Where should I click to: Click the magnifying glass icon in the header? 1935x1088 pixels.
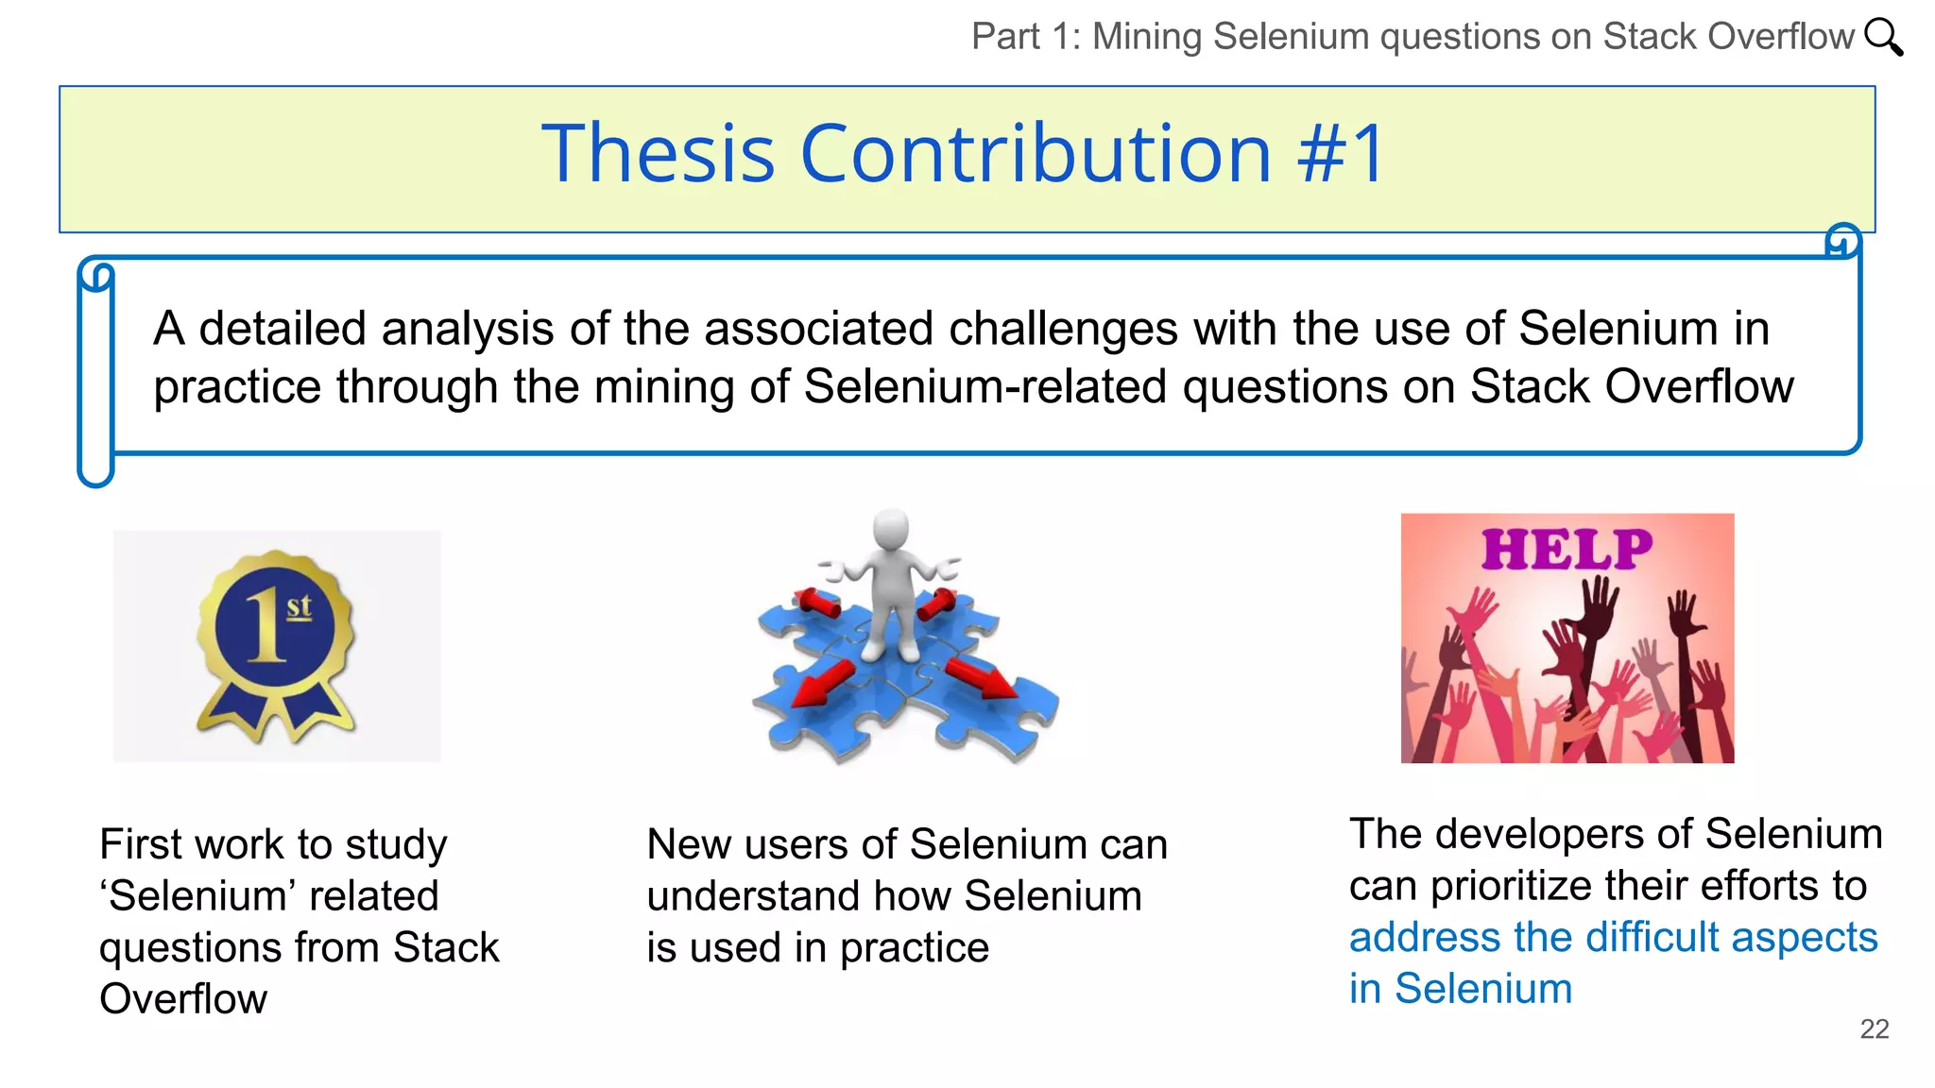point(1883,37)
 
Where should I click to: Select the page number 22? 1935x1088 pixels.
point(1874,1028)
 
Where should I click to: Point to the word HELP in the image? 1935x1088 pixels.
point(1567,550)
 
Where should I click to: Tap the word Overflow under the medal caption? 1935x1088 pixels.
point(183,999)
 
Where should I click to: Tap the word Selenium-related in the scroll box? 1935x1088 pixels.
point(985,387)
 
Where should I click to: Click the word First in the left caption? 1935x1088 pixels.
point(141,844)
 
